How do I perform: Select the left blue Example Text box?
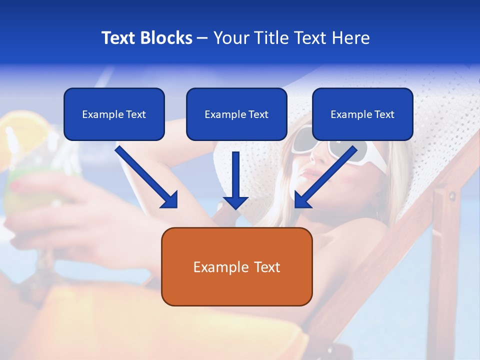point(114,114)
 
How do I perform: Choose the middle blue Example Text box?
point(236,114)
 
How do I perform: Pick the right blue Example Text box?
point(362,114)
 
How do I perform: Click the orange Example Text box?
point(236,266)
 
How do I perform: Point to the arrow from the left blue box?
point(147,177)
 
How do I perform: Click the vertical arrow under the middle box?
point(235,180)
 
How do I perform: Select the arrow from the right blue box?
point(325,177)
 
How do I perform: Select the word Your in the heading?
point(229,38)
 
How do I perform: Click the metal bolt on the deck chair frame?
point(452,194)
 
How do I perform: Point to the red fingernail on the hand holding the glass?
point(15,186)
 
